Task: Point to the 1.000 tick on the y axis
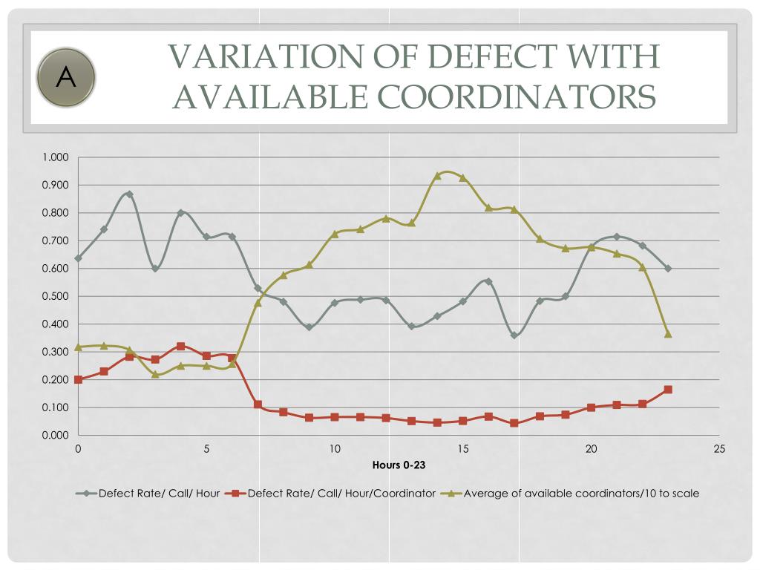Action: (x=55, y=157)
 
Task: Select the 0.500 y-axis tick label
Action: (x=55, y=297)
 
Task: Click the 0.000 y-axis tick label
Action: (x=55, y=436)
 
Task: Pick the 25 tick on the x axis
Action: (x=719, y=449)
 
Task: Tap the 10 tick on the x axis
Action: (x=335, y=449)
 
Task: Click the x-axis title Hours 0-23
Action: (x=399, y=465)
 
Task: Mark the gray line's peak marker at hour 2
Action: (x=129, y=194)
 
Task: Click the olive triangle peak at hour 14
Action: (x=437, y=176)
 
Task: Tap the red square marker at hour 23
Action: (x=668, y=390)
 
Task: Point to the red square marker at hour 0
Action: (x=78, y=379)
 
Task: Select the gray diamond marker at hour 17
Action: (x=514, y=335)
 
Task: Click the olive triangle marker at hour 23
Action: (x=668, y=334)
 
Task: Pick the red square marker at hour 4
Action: (x=180, y=347)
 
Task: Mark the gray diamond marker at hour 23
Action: (x=668, y=268)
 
